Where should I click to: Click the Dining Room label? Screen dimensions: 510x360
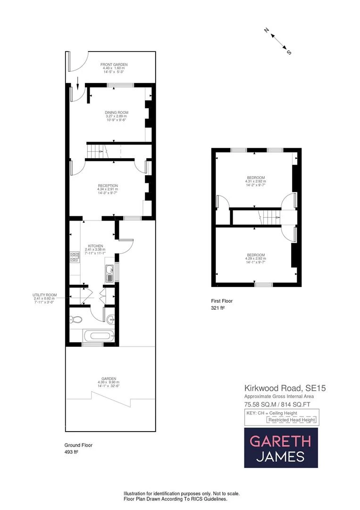pyautogui.click(x=117, y=112)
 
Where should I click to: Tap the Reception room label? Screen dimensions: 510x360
pyautogui.click(x=108, y=186)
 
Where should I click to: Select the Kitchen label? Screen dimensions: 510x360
pyautogui.click(x=95, y=246)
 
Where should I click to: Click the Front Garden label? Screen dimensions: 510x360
pyautogui.click(x=114, y=65)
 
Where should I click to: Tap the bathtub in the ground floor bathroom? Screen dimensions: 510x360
pyautogui.click(x=98, y=337)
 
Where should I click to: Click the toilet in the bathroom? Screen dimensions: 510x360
pyautogui.click(x=75, y=317)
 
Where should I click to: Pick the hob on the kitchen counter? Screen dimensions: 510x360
pyautogui.click(x=75, y=257)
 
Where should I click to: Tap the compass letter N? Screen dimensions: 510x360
pyautogui.click(x=267, y=31)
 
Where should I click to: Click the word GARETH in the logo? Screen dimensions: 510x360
pyautogui.click(x=280, y=441)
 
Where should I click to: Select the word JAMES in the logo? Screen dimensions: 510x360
pyautogui.click(x=280, y=457)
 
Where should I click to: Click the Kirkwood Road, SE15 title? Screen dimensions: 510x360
pyautogui.click(x=285, y=388)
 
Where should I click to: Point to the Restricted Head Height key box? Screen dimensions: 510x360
pyautogui.click(x=291, y=420)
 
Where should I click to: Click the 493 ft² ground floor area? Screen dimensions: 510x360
pyautogui.click(x=71, y=452)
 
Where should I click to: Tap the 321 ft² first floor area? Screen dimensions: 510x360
pyautogui.click(x=218, y=308)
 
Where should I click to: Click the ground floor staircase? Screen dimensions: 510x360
pyautogui.click(x=97, y=152)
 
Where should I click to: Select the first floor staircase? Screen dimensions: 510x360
pyautogui.click(x=268, y=218)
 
